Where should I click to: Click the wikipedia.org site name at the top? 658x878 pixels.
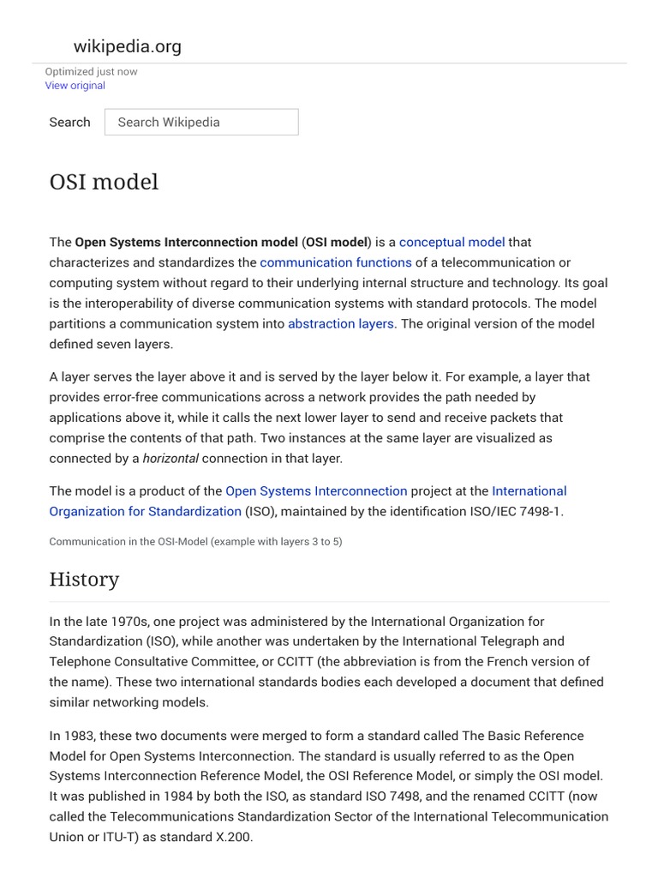128,46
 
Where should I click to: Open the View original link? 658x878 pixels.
75,86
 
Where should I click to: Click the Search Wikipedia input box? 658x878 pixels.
201,122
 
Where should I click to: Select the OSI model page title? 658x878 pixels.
104,183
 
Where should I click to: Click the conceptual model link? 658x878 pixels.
452,242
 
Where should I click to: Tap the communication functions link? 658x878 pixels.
336,262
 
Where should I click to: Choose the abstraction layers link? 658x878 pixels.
341,323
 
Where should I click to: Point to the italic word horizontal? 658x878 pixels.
170,458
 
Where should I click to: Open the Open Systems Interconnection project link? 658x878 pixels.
316,490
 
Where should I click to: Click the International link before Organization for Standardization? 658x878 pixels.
529,490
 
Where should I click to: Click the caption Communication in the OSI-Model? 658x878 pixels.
195,542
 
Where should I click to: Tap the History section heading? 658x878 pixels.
84,580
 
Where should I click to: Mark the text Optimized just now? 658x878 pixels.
91,72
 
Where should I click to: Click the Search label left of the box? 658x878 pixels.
69,122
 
